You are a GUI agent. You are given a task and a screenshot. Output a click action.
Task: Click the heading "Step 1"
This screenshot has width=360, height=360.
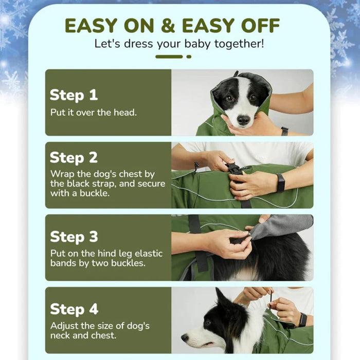(x=74, y=95)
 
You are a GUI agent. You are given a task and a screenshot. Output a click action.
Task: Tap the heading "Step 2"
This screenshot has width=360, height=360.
(x=74, y=157)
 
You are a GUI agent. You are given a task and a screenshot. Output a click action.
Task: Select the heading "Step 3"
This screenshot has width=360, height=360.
(x=74, y=237)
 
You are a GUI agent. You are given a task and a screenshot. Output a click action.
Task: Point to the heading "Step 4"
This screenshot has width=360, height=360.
(x=74, y=309)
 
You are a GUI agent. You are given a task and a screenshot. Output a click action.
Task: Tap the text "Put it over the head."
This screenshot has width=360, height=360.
(x=93, y=112)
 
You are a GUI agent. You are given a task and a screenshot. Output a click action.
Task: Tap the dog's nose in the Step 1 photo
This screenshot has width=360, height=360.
(x=243, y=120)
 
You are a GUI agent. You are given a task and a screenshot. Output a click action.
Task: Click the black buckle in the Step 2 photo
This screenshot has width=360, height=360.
(x=236, y=169)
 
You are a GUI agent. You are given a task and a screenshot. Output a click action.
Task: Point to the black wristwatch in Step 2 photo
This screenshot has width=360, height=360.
(x=280, y=183)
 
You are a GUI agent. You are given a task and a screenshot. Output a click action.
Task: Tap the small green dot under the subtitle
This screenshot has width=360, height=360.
(x=189, y=57)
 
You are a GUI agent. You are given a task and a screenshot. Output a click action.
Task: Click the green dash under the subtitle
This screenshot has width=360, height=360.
(x=169, y=57)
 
